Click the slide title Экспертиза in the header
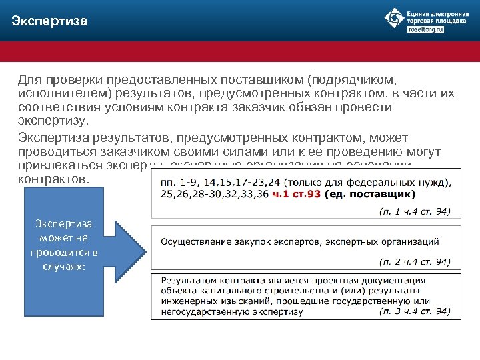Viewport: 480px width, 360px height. point(49,21)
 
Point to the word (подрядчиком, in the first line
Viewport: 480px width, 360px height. point(346,80)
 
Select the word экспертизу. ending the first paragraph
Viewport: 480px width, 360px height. point(52,122)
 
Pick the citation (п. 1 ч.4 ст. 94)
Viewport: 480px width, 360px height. point(415,212)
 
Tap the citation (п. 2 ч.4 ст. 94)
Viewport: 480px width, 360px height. point(415,261)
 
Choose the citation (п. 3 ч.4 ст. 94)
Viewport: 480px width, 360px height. point(415,311)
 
